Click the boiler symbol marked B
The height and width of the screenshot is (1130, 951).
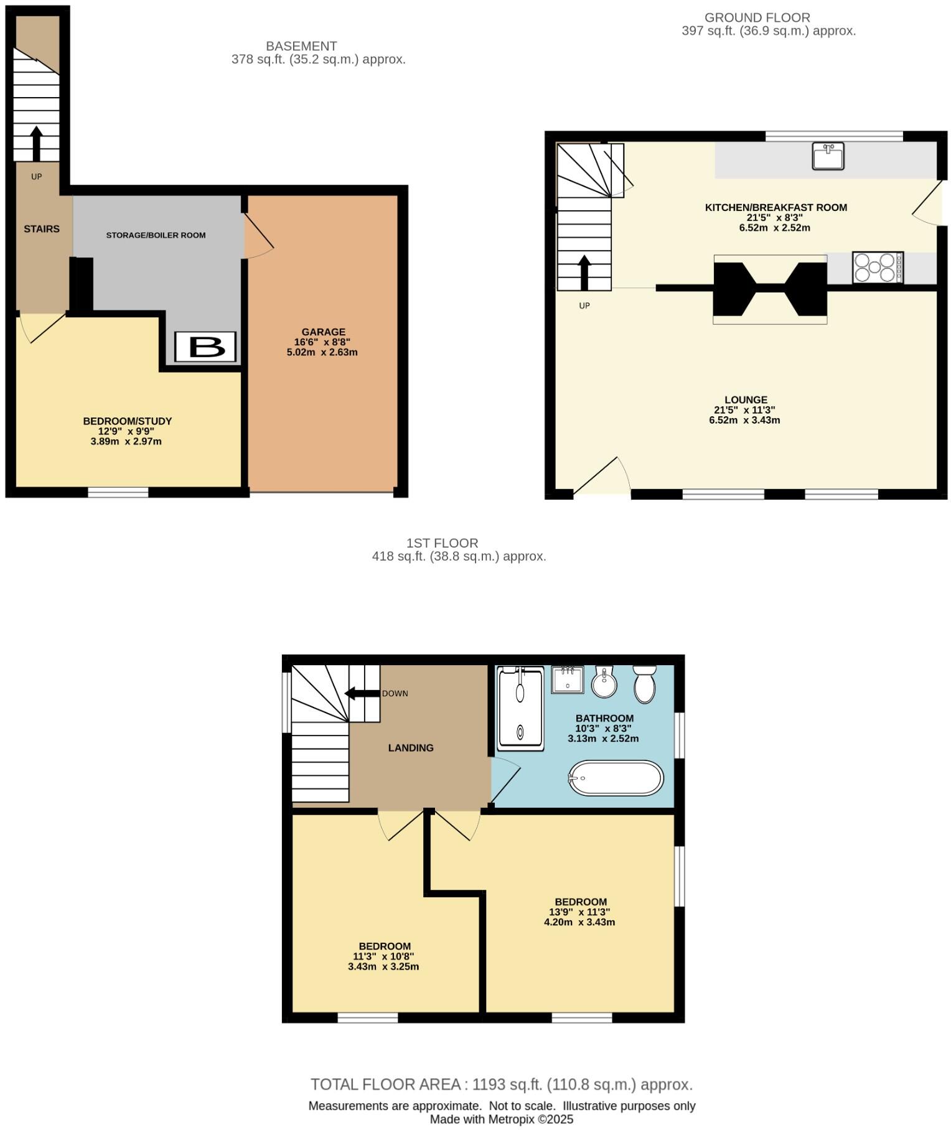pyautogui.click(x=205, y=347)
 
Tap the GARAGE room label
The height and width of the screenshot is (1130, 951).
pyautogui.click(x=323, y=332)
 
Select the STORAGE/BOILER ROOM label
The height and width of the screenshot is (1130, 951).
pyautogui.click(x=156, y=235)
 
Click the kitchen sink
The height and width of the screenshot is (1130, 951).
pyautogui.click(x=828, y=156)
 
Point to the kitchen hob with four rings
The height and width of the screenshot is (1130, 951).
pyautogui.click(x=878, y=267)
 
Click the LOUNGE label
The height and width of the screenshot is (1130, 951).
pyautogui.click(x=746, y=399)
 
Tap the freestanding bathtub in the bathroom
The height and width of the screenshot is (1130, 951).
pyautogui.click(x=616, y=778)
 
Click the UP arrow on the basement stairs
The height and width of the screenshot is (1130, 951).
pyautogui.click(x=36, y=143)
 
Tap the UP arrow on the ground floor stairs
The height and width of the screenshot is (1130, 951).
pyautogui.click(x=584, y=273)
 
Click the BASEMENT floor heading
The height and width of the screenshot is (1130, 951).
pyautogui.click(x=301, y=46)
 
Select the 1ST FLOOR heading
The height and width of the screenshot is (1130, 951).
pyautogui.click(x=442, y=543)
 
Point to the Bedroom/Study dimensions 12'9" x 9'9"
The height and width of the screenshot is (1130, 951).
pyautogui.click(x=126, y=431)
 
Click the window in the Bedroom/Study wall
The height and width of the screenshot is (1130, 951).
pyautogui.click(x=118, y=492)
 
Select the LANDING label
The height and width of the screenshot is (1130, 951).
pyautogui.click(x=411, y=748)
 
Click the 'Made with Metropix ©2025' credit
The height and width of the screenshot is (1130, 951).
pyautogui.click(x=502, y=1119)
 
